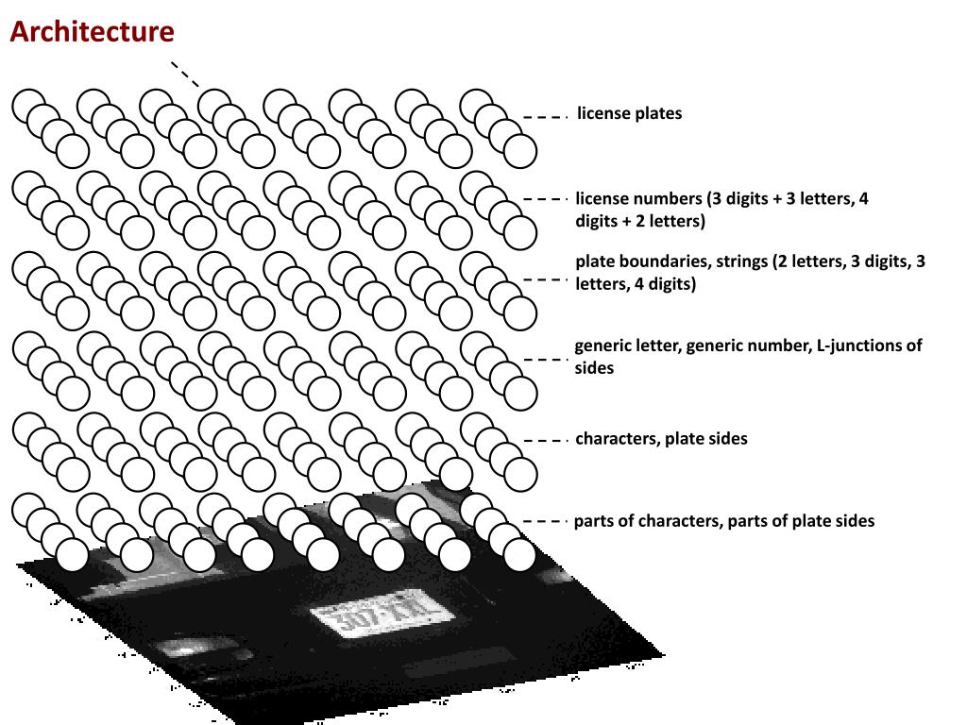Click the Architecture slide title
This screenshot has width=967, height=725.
tap(92, 32)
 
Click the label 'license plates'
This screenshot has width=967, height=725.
tap(629, 113)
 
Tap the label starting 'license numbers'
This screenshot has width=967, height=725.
tap(721, 211)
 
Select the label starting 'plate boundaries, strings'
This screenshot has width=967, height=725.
tap(750, 273)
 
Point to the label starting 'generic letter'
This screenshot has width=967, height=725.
tap(748, 356)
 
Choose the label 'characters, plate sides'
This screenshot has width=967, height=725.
tap(661, 438)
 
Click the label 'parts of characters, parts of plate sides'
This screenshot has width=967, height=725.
tap(723, 521)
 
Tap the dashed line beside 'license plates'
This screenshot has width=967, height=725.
tap(544, 117)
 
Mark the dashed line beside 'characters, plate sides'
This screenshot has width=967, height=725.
tap(544, 440)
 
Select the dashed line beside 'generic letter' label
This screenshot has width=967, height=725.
tap(544, 360)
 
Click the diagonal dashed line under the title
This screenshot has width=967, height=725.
tap(185, 75)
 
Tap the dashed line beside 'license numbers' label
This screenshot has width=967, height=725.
tap(544, 199)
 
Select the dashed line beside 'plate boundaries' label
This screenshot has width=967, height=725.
tap(544, 279)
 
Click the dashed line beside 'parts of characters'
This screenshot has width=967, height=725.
tap(544, 521)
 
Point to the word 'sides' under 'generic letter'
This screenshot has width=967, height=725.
tap(594, 368)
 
